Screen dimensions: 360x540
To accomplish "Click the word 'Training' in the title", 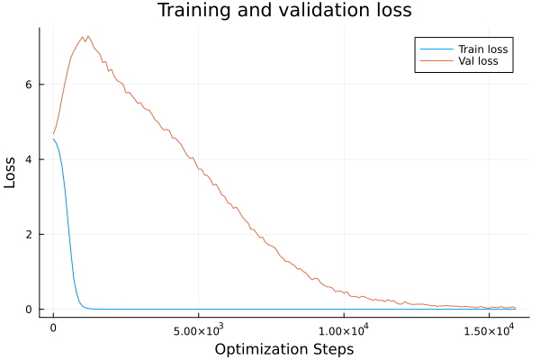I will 190,11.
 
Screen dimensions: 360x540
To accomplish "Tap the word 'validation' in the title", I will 318,11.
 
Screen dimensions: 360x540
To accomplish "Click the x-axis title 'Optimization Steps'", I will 284,348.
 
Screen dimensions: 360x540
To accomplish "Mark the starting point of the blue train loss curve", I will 53,139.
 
